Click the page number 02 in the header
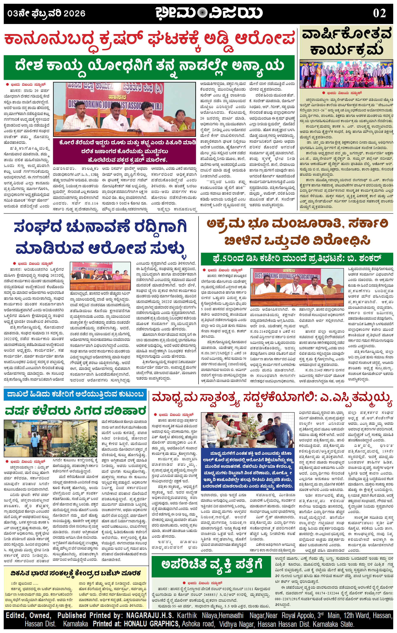coord(379,13)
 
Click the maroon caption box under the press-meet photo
coord(124,152)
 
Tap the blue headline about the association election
coord(101,237)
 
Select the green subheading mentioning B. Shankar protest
coord(297,258)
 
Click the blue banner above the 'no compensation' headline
coord(75,394)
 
